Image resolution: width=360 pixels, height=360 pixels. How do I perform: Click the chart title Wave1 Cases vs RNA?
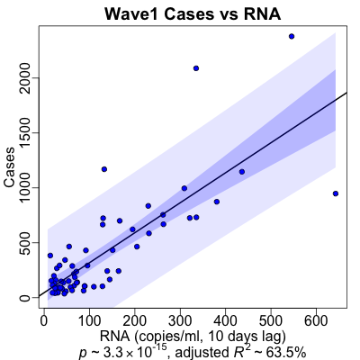[x=193, y=13]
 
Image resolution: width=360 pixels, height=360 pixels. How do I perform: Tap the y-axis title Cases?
[x=9, y=167]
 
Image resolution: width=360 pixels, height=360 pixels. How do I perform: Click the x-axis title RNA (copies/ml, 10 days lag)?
[x=193, y=337]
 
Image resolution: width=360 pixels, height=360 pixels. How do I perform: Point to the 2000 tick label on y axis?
[x=26, y=78]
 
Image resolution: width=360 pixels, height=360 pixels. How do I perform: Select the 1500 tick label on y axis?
[x=26, y=133]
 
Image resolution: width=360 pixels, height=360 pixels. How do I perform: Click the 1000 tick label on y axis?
[x=26, y=188]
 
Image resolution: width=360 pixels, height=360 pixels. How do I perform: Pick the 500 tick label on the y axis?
[x=26, y=243]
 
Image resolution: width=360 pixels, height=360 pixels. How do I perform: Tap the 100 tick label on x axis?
[x=89, y=321]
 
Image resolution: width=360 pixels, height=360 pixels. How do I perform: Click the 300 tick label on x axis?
[x=180, y=321]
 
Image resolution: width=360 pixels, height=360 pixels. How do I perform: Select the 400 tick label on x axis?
[x=226, y=321]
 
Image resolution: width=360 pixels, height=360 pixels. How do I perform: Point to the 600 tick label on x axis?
[x=317, y=321]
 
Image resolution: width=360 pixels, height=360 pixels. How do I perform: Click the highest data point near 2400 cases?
[x=292, y=36]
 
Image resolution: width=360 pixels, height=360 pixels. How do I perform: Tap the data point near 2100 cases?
[x=196, y=68]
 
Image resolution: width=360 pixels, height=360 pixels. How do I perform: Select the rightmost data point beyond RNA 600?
[x=336, y=193]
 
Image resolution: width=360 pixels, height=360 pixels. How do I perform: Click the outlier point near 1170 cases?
[x=104, y=169]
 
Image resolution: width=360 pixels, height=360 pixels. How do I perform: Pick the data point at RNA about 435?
[x=242, y=172]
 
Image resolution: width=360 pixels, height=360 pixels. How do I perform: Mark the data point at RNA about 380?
[x=217, y=202]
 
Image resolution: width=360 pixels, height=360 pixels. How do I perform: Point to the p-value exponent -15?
[x=160, y=348]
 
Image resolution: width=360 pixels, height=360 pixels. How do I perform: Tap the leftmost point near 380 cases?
[x=50, y=256]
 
